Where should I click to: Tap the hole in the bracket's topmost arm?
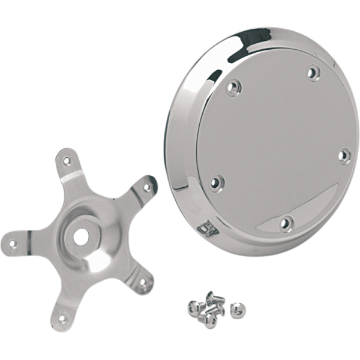point(66,160)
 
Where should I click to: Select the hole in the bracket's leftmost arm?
point(13,244)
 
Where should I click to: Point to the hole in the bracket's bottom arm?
point(61,319)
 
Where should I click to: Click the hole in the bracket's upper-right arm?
point(146,188)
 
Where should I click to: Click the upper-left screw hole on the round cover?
point(233,89)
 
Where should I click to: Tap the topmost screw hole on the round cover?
point(313,73)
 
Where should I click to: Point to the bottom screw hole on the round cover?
point(286,224)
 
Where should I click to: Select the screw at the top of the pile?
point(212,296)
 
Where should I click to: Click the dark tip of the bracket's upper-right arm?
point(155,180)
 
